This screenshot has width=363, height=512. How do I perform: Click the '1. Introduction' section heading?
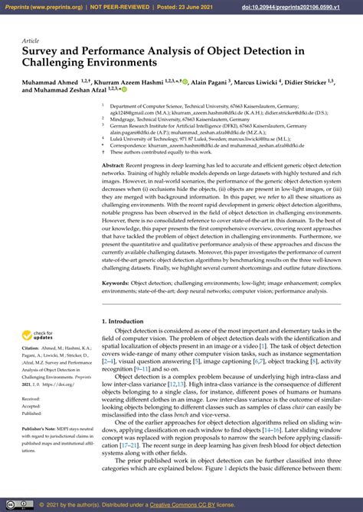point(126,322)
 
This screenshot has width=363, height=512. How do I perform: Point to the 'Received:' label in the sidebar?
point(31,399)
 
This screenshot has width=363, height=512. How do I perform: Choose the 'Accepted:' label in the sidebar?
point(31,407)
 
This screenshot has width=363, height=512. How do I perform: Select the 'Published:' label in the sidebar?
point(32,414)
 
